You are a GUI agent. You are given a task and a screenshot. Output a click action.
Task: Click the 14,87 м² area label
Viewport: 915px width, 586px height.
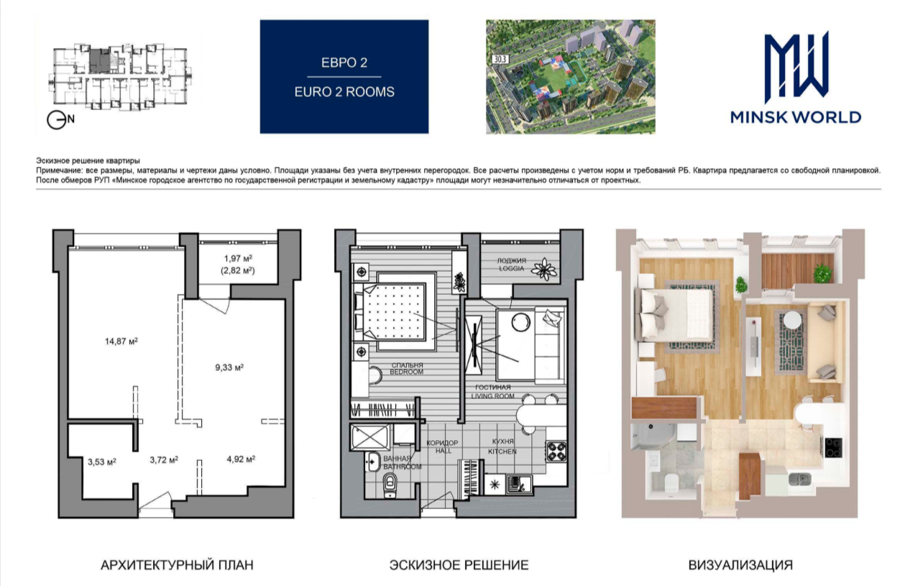[121, 341]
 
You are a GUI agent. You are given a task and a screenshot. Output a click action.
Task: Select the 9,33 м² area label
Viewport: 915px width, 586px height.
[229, 367]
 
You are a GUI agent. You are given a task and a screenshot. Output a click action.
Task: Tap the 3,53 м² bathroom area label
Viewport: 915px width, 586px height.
[102, 462]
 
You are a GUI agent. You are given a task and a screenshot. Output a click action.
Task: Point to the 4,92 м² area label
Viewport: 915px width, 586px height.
[241, 459]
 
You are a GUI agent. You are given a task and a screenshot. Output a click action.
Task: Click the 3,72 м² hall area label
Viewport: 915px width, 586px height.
[164, 459]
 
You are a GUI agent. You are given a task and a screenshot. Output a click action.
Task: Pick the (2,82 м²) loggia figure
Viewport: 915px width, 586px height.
[238, 270]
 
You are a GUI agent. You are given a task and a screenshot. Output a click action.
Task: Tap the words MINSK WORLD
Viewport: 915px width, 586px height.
[796, 117]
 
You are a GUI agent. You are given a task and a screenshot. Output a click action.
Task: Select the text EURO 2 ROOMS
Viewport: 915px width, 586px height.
[344, 92]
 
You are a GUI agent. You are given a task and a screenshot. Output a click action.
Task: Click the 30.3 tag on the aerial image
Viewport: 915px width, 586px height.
[500, 59]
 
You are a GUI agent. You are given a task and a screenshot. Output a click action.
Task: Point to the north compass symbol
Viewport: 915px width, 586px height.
[60, 120]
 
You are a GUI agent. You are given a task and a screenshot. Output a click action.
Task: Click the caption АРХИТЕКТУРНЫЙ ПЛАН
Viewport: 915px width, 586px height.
[177, 565]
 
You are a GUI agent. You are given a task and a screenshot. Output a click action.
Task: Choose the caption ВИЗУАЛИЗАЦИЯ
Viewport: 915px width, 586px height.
[740, 565]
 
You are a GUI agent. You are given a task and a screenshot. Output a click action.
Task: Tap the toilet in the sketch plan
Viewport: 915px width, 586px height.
[390, 485]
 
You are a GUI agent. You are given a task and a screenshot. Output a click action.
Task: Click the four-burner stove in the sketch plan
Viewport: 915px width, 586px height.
[556, 452]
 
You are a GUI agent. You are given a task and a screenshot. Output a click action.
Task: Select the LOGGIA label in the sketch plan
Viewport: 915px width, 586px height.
[510, 268]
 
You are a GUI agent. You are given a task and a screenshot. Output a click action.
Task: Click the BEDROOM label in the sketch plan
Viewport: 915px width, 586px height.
[406, 372]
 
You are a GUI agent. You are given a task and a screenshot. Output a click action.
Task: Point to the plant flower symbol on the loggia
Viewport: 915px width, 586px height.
[543, 270]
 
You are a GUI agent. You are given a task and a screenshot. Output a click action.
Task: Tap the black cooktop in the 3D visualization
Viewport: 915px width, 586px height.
[833, 447]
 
